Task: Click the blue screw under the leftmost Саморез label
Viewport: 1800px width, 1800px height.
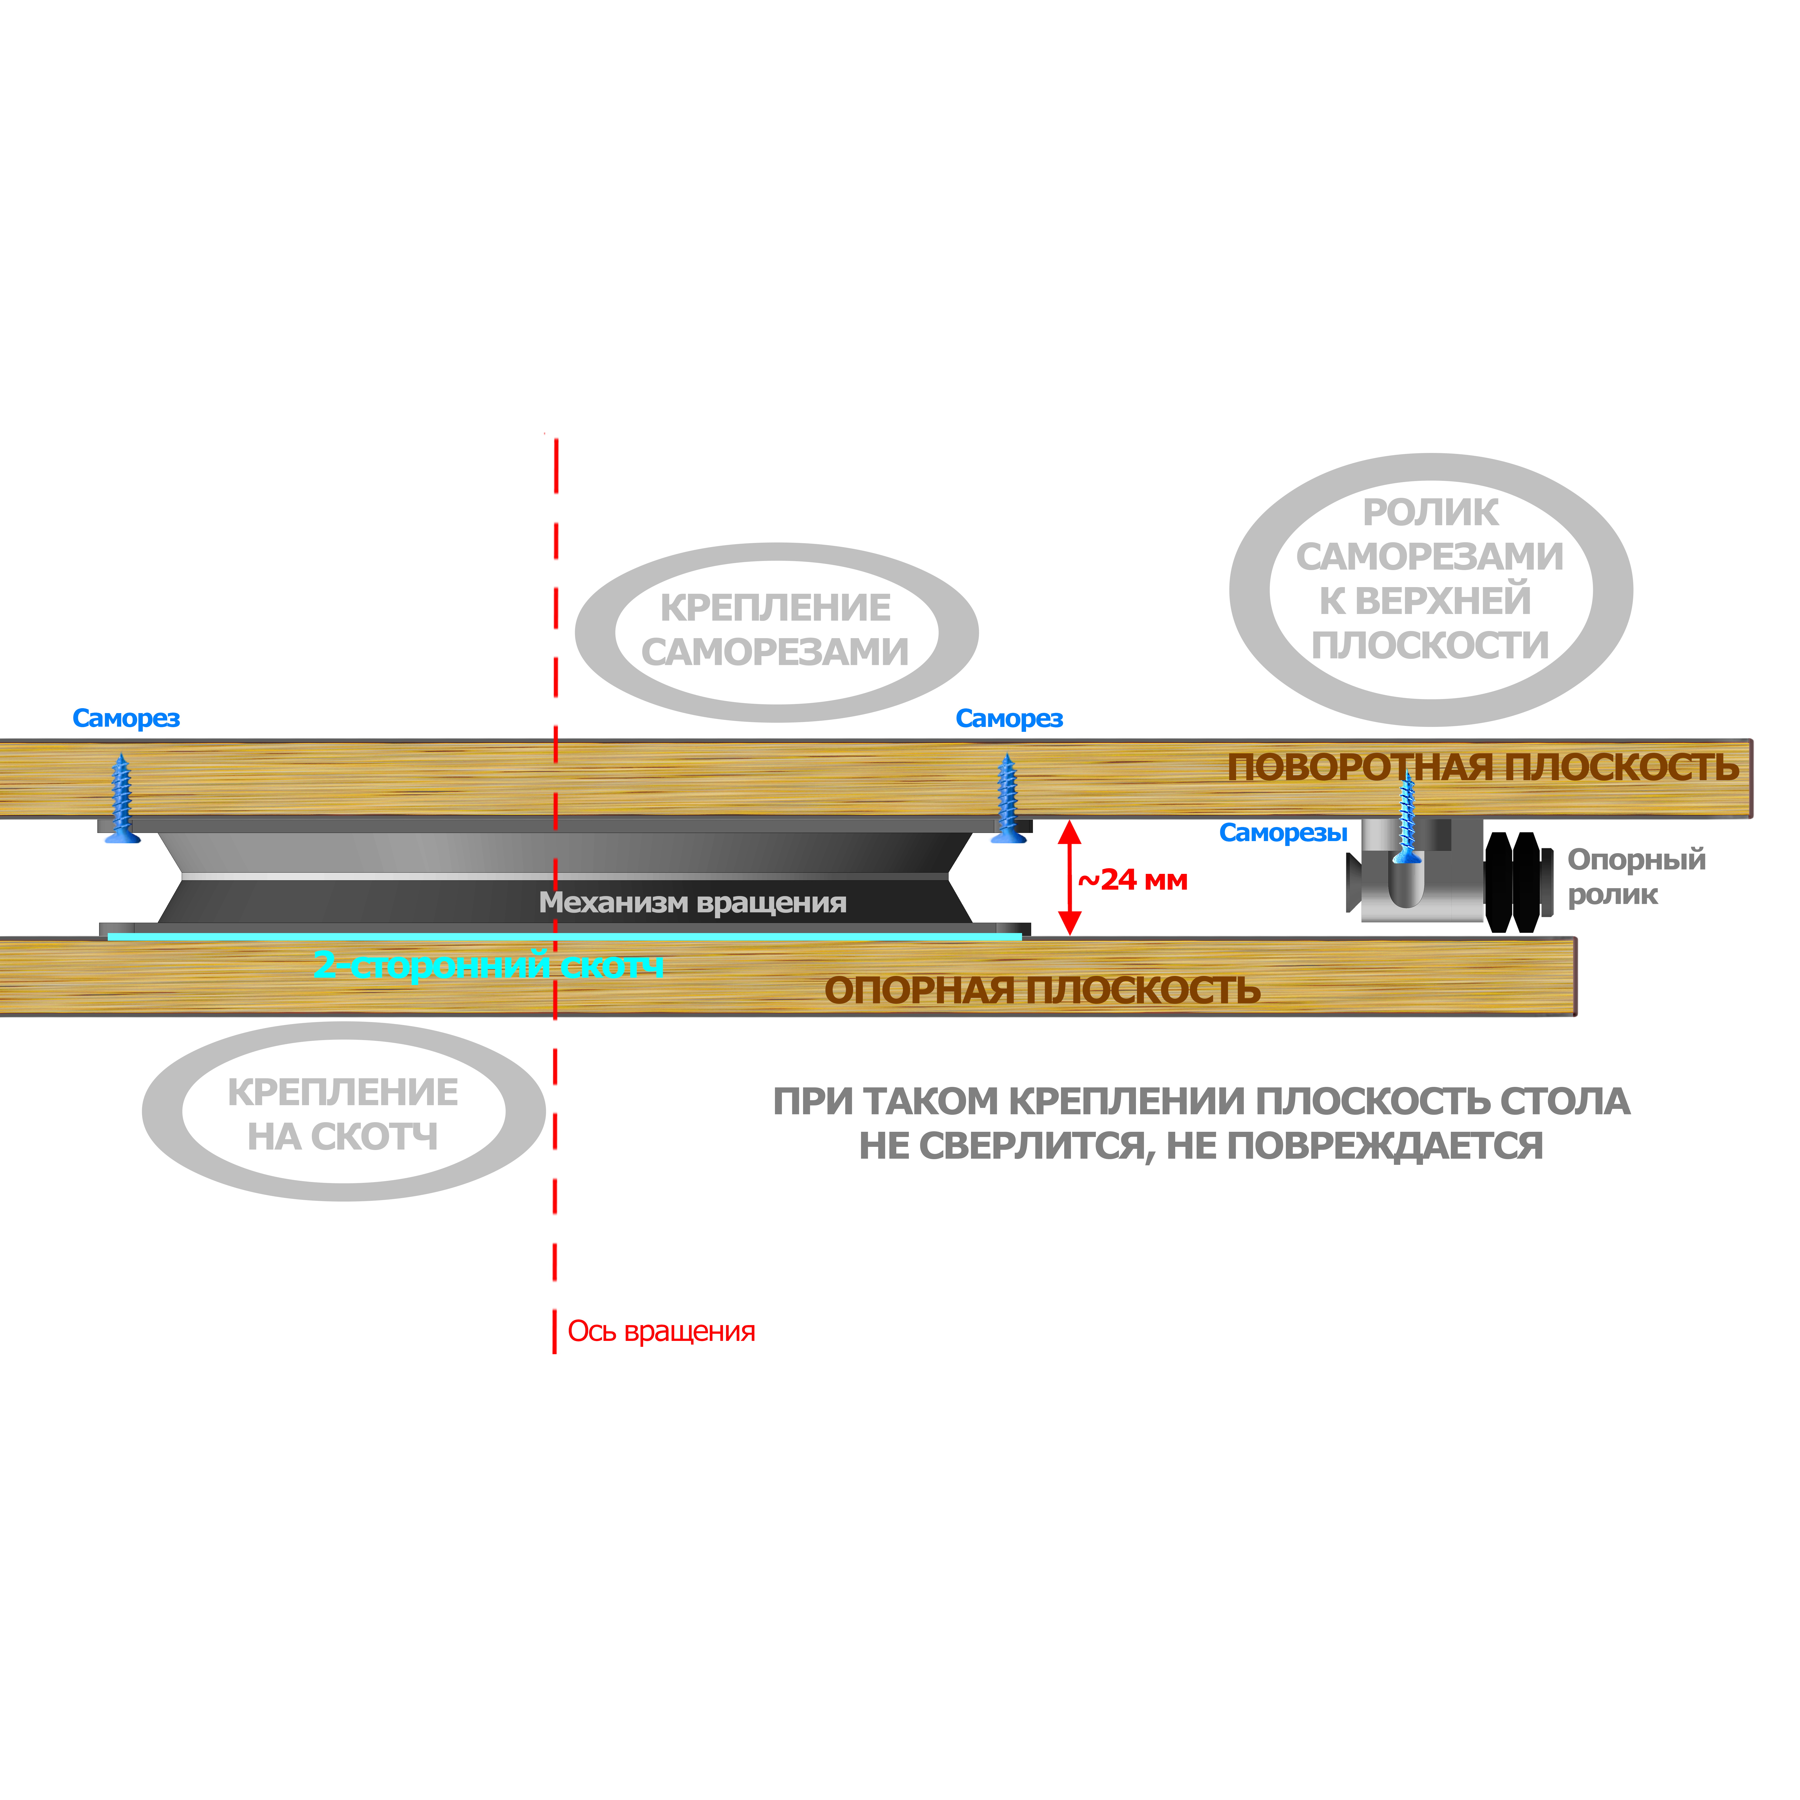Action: pyautogui.click(x=121, y=799)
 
